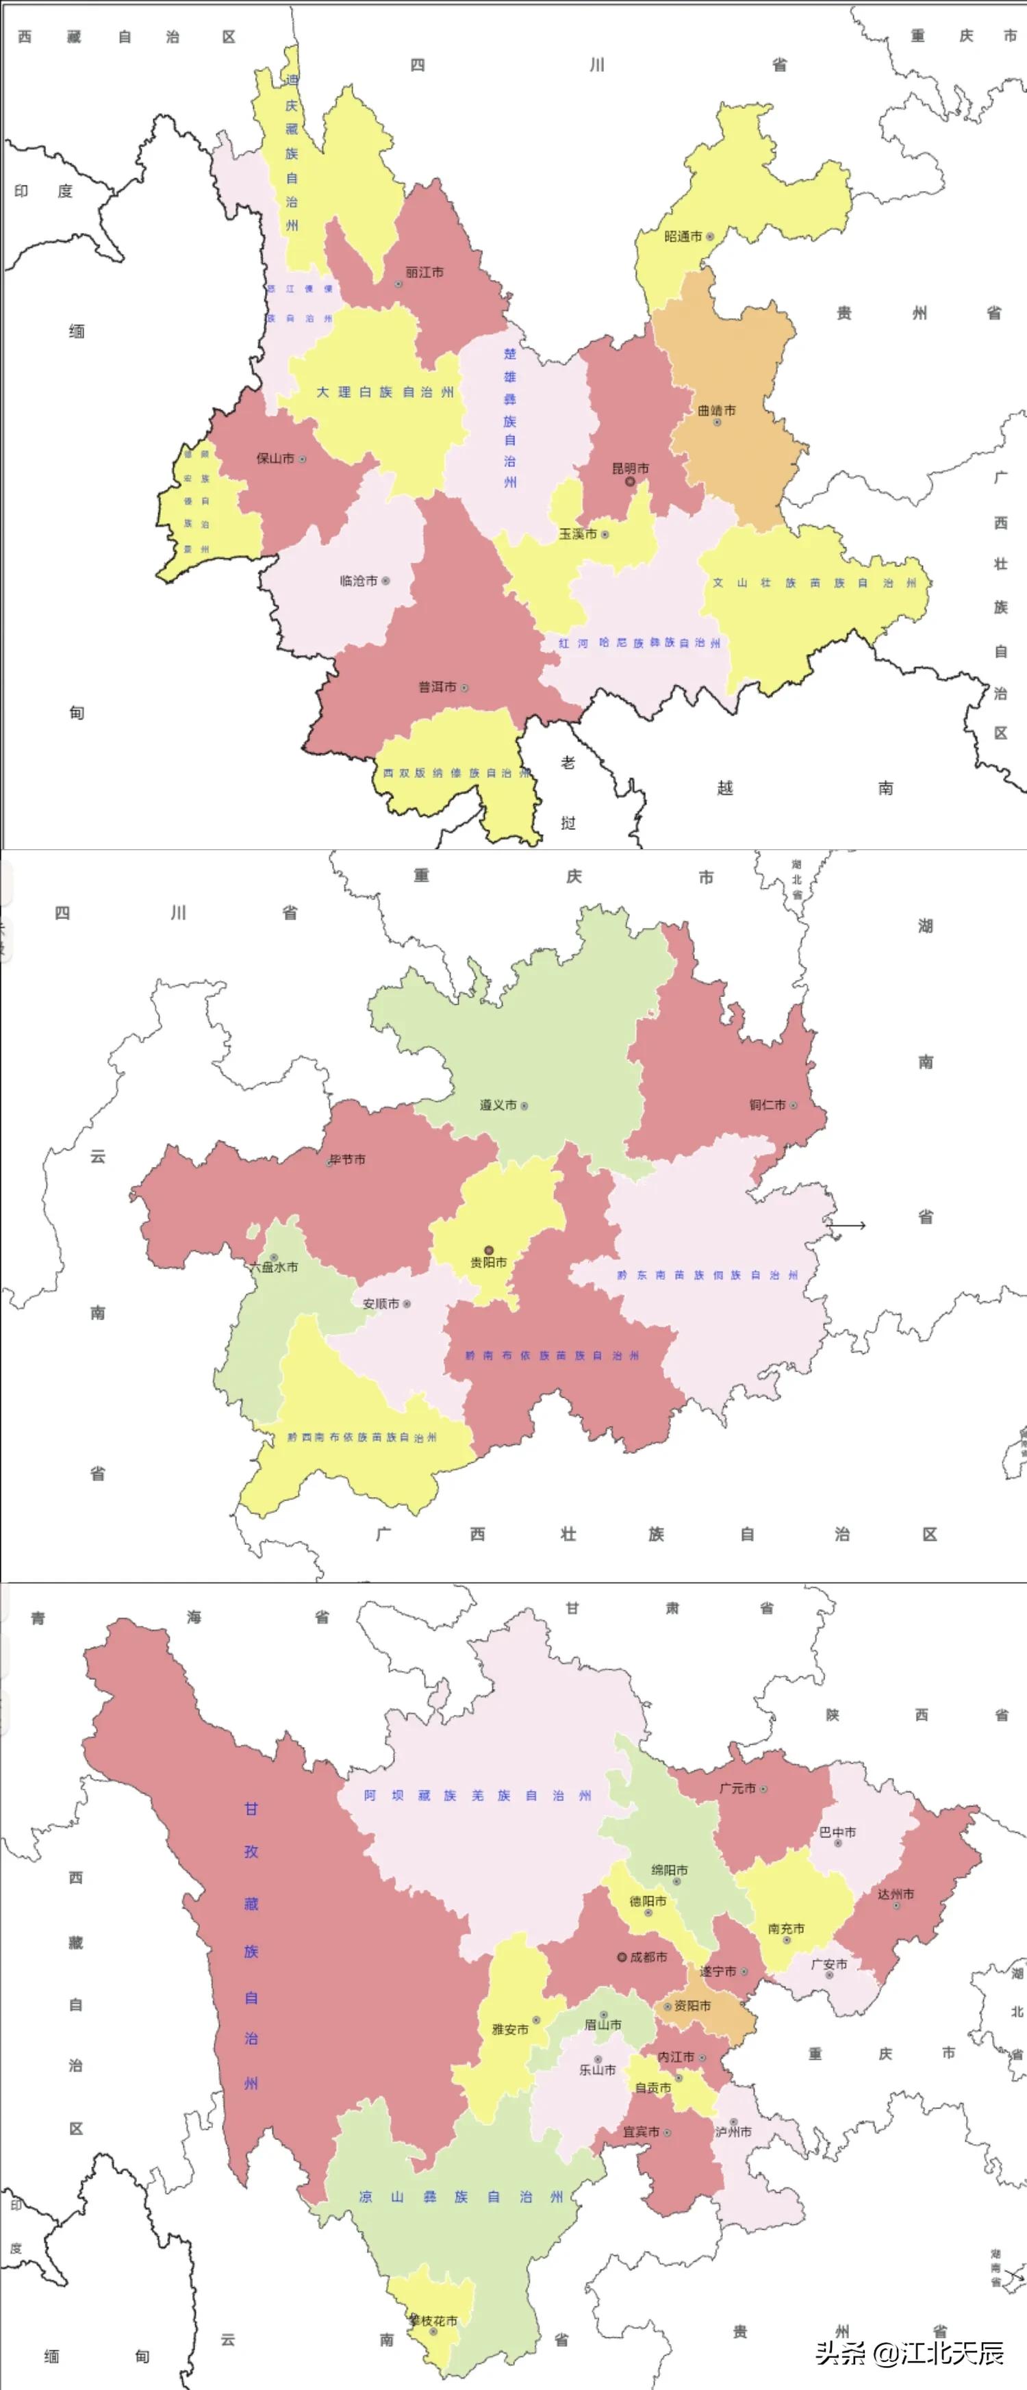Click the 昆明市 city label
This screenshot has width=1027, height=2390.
tap(630, 468)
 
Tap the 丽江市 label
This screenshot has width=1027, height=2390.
tap(424, 273)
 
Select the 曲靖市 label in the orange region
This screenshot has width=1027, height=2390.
tap(716, 410)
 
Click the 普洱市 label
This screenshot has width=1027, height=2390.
tap(437, 688)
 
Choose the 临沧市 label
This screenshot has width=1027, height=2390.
tap(359, 581)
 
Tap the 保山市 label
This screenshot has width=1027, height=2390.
tap(275, 458)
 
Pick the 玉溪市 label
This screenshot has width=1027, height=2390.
tap(578, 534)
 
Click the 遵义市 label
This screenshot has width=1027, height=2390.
tap(498, 1105)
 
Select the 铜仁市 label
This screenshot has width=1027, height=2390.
tap(768, 1105)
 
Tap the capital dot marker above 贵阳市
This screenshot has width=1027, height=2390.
tap(489, 1250)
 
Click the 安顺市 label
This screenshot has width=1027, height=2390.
tap(381, 1304)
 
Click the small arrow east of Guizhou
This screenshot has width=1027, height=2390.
tap(846, 1226)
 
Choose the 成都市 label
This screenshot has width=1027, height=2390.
tap(648, 1957)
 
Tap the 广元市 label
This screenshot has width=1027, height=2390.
tap(737, 1788)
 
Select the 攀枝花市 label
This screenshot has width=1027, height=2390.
tap(434, 2320)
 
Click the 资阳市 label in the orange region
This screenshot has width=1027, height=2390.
tap(692, 2005)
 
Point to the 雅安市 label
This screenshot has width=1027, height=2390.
tap(510, 2029)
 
